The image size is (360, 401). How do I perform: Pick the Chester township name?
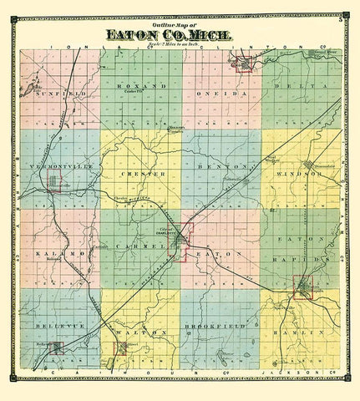point(134,173)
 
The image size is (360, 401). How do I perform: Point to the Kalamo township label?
point(50,251)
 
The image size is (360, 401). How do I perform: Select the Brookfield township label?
point(214,332)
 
